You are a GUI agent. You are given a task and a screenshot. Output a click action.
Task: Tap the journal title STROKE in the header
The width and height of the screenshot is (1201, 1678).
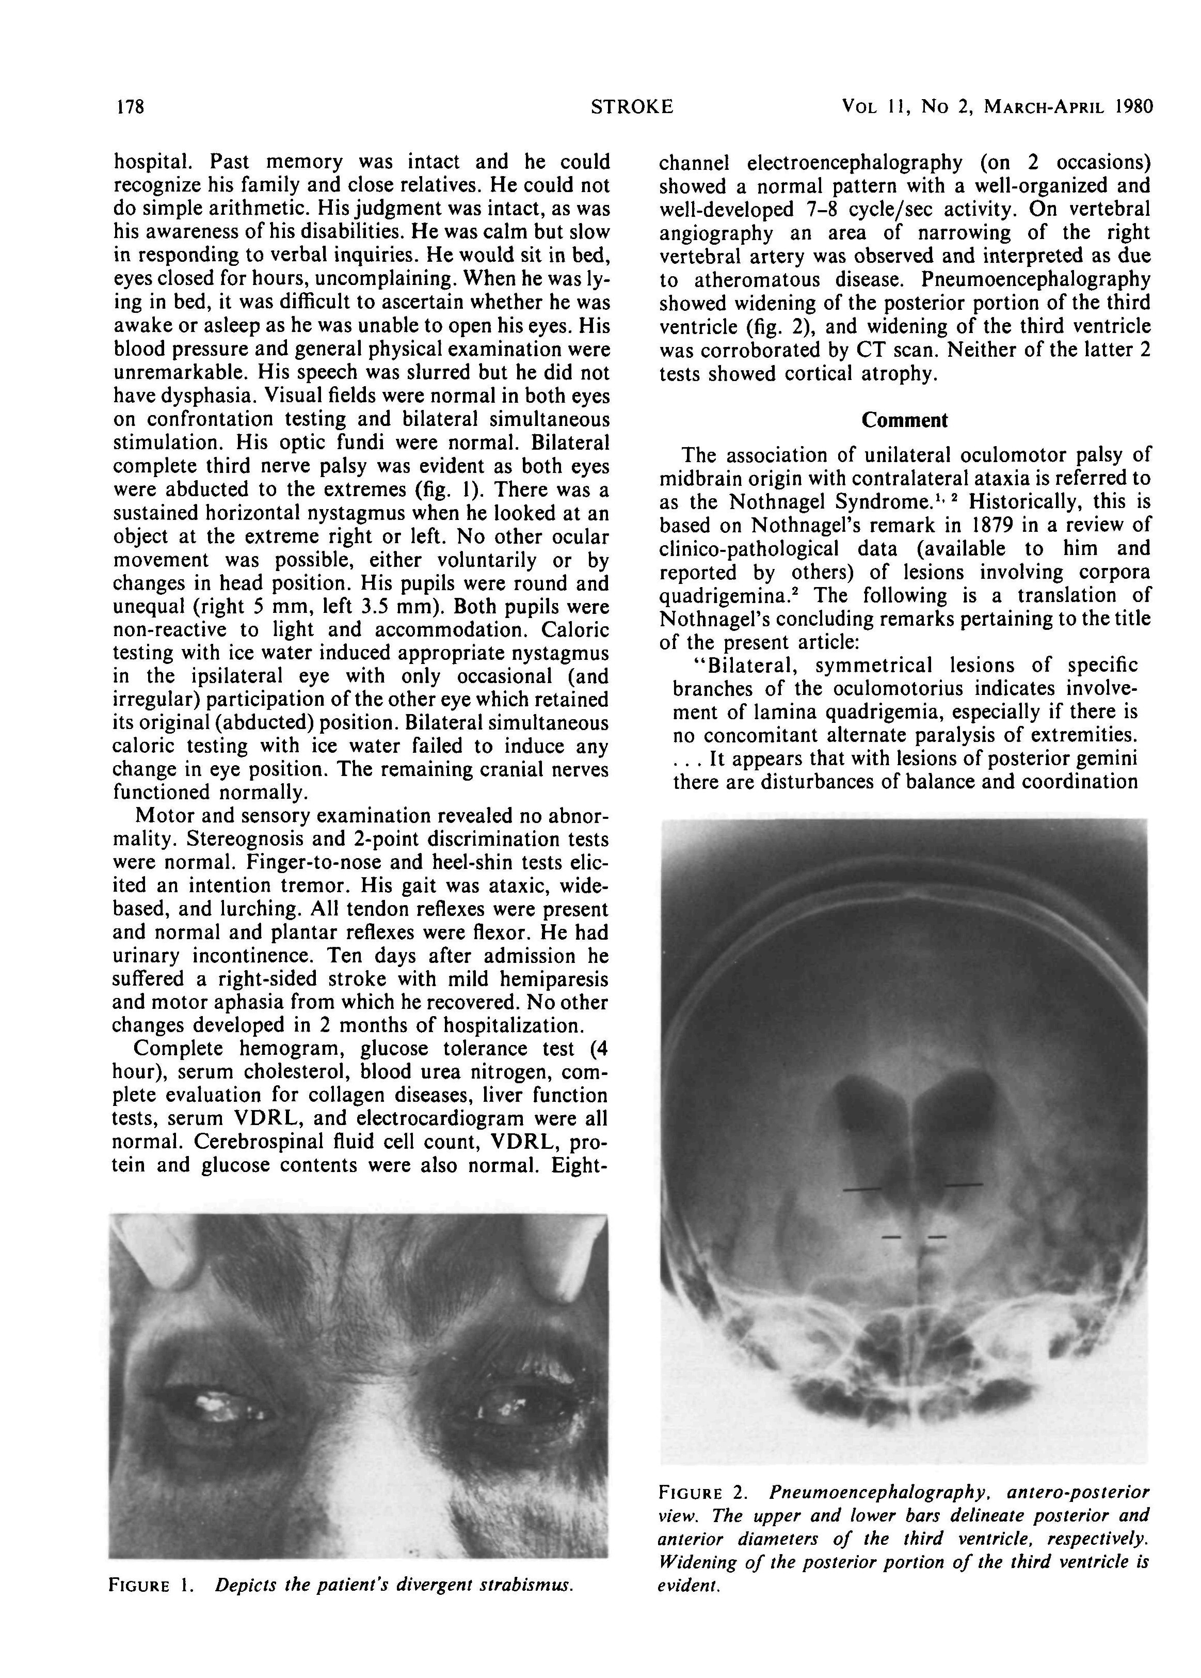click(x=632, y=107)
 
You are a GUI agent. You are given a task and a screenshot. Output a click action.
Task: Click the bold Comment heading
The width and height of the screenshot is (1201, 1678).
click(x=904, y=420)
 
